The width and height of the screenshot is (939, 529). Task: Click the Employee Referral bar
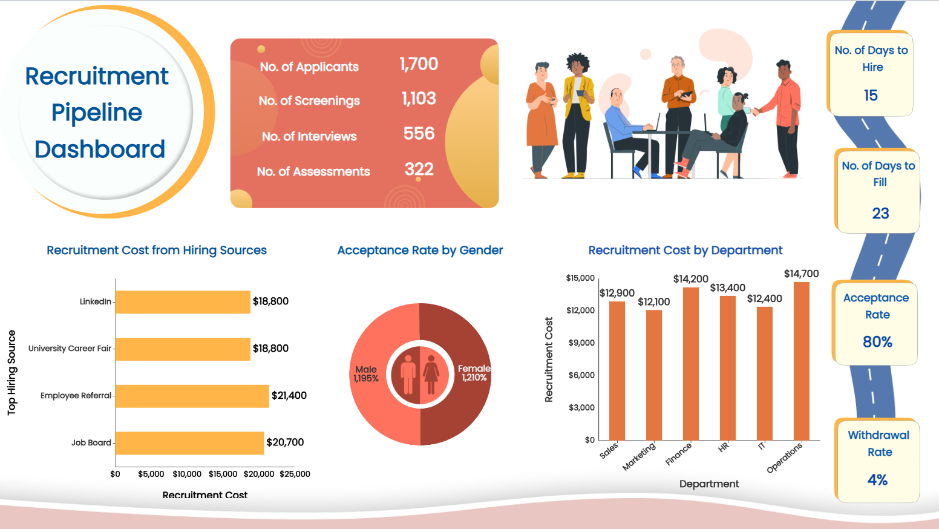[x=192, y=396]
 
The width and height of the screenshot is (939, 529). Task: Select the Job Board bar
[x=189, y=443]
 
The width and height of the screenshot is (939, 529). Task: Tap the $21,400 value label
[x=289, y=396]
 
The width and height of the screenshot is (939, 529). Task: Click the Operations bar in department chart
[x=802, y=361]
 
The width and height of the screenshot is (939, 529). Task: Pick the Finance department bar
[x=691, y=363]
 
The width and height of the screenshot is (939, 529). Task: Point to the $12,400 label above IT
[x=765, y=298]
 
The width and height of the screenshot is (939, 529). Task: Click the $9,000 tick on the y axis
[x=581, y=343]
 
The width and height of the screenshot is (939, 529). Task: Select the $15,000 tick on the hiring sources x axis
[x=223, y=474]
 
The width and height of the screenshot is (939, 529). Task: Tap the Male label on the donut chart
[x=366, y=369]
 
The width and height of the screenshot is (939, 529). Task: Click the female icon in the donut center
[x=431, y=375]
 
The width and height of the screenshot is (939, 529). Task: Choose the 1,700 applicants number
[x=419, y=64]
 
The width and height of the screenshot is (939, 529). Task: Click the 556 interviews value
[x=419, y=134]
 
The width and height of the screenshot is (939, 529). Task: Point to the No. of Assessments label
[x=313, y=172]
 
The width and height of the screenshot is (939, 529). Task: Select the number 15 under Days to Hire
[x=871, y=96]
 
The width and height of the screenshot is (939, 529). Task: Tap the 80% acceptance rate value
[x=877, y=342]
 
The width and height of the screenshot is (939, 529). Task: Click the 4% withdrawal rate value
[x=877, y=480]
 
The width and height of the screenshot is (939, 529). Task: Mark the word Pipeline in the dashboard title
[x=97, y=113]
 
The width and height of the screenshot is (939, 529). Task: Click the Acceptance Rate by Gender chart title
[x=420, y=251]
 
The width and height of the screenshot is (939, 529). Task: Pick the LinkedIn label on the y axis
[x=96, y=301]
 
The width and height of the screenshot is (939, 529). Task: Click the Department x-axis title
[x=709, y=484]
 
